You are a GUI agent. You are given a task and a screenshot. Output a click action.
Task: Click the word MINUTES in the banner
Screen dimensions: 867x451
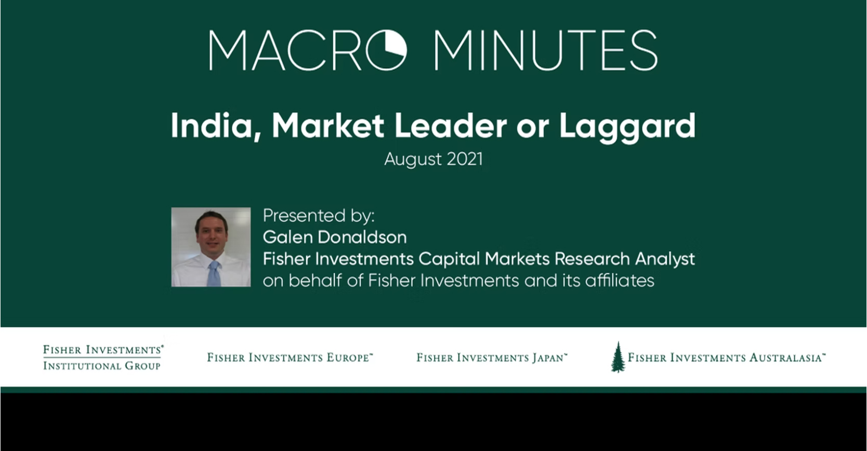point(546,50)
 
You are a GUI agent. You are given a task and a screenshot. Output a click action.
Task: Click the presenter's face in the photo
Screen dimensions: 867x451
point(212,234)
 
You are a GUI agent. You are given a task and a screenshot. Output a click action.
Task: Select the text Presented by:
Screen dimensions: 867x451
point(319,216)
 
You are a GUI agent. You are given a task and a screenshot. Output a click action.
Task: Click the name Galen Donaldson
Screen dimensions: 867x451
point(335,237)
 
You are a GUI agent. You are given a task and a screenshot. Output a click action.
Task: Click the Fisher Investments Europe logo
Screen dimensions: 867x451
point(290,357)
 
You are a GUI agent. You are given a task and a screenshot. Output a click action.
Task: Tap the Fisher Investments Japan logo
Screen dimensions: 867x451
point(492,357)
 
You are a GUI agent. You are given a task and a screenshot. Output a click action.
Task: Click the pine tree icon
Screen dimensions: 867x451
point(618,357)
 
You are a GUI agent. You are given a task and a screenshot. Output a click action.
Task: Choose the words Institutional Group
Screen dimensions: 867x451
point(102,365)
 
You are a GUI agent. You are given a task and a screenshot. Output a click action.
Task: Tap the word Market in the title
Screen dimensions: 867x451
point(328,125)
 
